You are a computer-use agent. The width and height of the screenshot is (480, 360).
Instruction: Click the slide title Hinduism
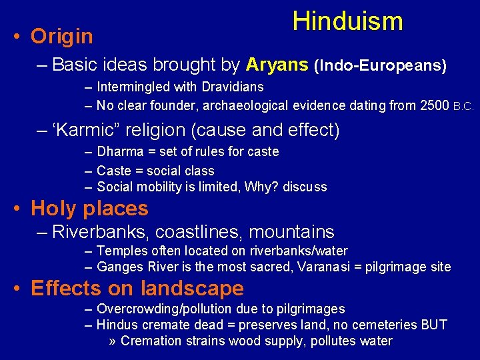click(347, 21)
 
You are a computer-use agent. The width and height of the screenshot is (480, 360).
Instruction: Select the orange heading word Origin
click(62, 37)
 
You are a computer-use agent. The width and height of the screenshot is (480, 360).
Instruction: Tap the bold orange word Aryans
click(277, 65)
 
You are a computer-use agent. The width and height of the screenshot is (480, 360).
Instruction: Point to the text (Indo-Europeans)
click(380, 65)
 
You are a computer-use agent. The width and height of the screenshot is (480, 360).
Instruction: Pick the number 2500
click(434, 105)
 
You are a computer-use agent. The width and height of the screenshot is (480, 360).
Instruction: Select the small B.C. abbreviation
click(463, 106)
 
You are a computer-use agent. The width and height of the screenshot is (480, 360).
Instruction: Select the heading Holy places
click(89, 209)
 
